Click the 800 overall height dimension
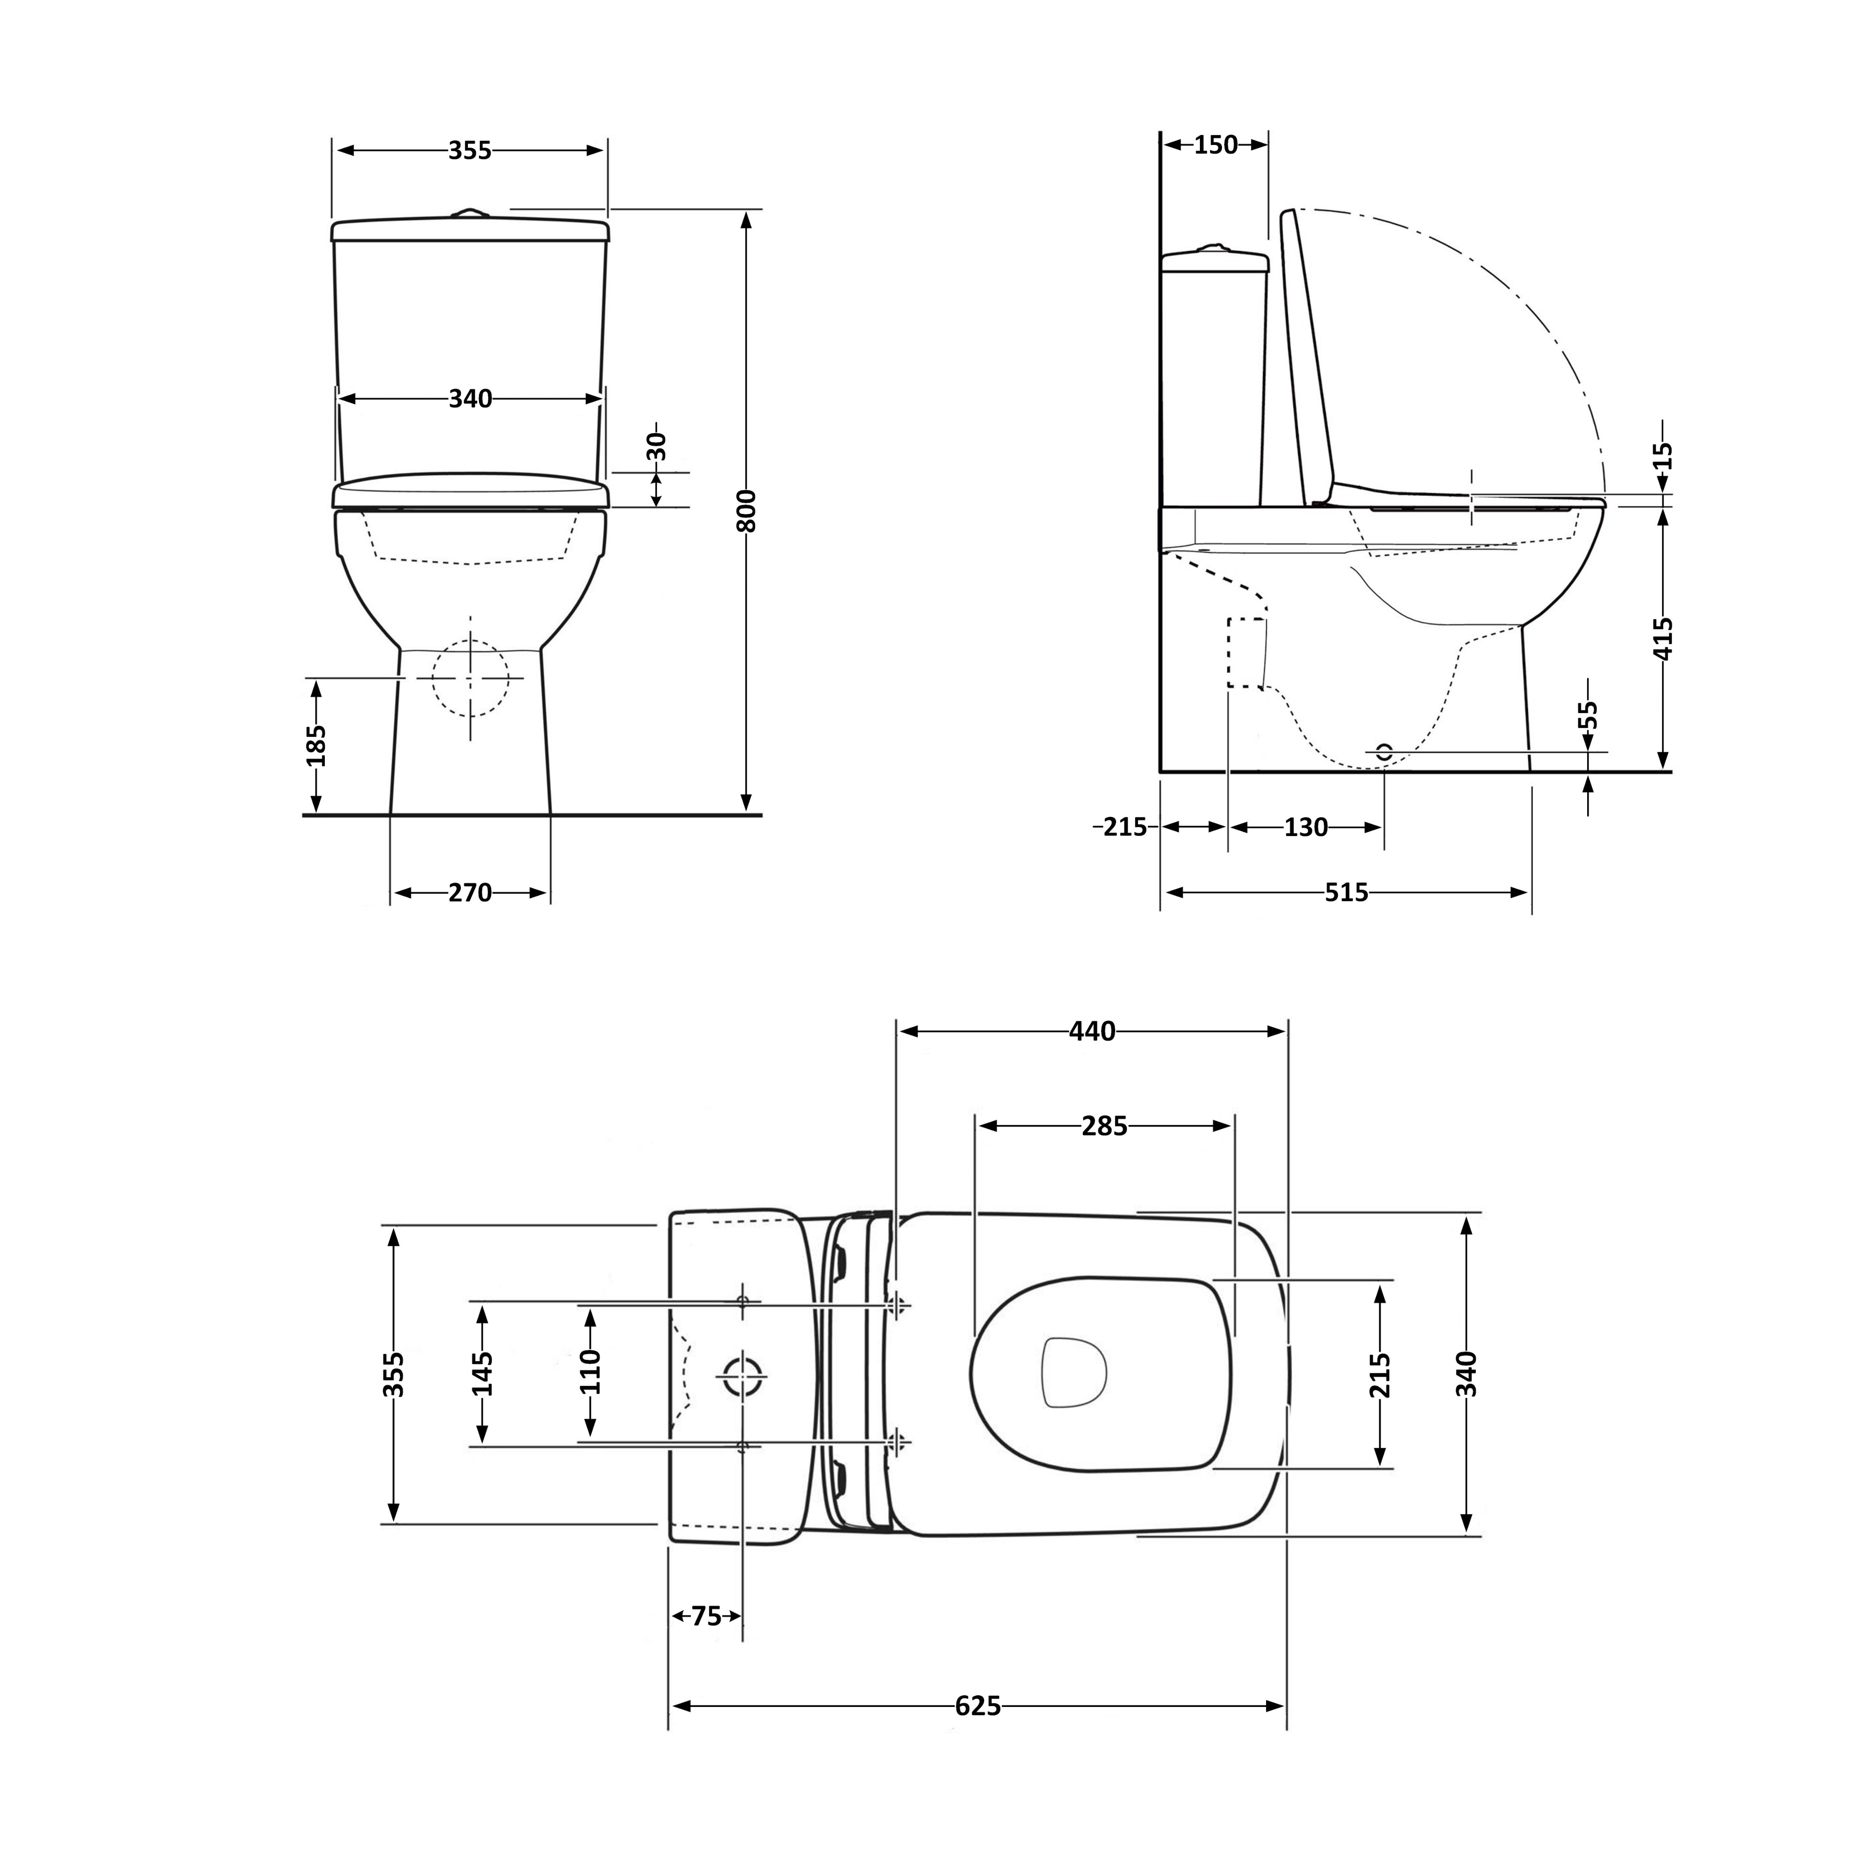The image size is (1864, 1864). pyautogui.click(x=746, y=511)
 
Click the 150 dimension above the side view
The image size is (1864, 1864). pyautogui.click(x=1216, y=145)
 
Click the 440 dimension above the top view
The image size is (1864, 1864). pyautogui.click(x=1092, y=1031)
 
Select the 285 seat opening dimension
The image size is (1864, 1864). pyautogui.click(x=1105, y=1126)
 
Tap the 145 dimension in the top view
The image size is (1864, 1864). pyautogui.click(x=482, y=1374)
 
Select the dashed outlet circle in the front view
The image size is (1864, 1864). pyautogui.click(x=470, y=677)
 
